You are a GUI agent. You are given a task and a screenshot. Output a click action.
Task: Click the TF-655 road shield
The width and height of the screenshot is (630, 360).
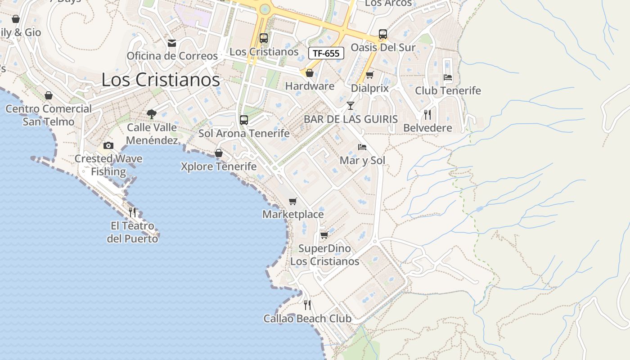[326, 53]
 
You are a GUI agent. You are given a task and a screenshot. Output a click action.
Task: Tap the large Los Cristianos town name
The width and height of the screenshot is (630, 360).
[161, 80]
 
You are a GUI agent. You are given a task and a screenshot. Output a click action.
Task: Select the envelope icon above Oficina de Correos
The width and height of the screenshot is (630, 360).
[172, 43]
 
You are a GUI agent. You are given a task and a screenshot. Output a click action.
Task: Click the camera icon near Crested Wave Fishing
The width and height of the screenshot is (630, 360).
[108, 145]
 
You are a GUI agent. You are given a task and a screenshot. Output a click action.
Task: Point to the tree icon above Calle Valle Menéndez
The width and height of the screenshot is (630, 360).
[152, 114]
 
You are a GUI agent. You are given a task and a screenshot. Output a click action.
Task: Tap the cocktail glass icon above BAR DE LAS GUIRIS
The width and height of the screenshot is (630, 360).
[351, 106]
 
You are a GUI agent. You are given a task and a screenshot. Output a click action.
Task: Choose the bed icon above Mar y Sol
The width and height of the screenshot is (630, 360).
[362, 147]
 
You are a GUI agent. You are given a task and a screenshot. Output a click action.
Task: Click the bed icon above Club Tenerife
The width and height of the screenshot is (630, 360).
[448, 77]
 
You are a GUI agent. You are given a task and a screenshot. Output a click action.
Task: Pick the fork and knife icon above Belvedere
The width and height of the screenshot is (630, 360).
[427, 115]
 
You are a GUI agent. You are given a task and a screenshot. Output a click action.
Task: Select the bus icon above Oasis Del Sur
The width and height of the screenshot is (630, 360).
[383, 34]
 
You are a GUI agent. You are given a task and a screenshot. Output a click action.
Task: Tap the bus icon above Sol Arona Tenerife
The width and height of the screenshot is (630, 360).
[244, 120]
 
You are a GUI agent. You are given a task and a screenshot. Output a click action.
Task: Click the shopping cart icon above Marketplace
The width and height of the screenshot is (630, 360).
[293, 201]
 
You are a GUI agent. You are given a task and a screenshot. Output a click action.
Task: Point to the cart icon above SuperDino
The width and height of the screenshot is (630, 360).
[324, 235]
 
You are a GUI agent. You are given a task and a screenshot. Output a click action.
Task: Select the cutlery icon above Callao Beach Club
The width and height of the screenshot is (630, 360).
[307, 305]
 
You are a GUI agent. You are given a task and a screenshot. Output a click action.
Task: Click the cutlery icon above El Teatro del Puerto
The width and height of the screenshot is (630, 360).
[132, 212]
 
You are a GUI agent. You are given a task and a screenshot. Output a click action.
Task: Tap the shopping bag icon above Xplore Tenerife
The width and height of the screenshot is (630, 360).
[219, 153]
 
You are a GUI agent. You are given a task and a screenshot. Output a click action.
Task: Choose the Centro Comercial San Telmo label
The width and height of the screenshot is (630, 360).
[49, 115]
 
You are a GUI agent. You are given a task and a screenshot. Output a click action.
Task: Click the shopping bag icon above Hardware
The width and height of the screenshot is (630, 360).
[310, 73]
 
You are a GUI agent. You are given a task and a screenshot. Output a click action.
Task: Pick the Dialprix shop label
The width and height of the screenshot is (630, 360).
[369, 88]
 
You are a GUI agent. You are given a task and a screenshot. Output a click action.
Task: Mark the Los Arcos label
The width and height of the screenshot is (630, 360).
[388, 3]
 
